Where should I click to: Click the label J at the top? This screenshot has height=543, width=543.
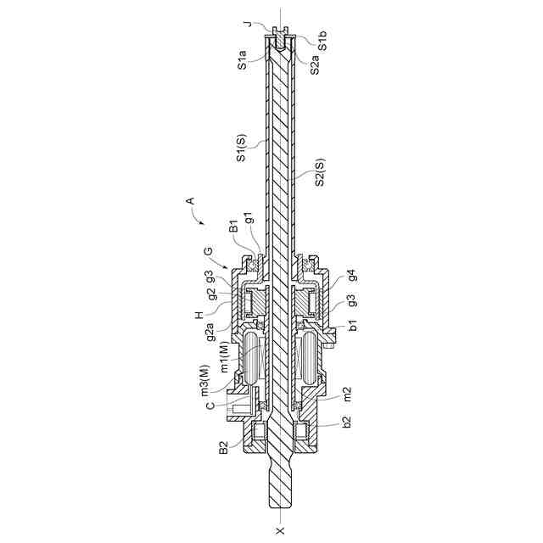[247, 24]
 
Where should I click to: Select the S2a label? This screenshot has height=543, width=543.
[313, 64]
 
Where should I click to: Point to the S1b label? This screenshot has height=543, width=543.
[323, 42]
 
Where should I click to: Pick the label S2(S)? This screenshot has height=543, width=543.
[320, 172]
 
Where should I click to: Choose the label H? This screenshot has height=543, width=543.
[199, 314]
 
